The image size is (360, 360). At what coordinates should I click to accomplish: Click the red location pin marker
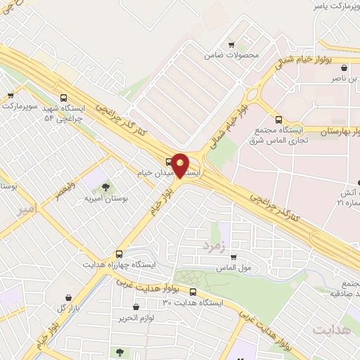(181, 167)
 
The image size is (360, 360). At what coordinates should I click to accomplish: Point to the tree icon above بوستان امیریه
(106, 187)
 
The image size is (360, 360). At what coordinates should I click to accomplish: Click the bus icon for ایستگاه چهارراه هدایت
(120, 254)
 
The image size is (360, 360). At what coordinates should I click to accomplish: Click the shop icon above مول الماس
(233, 257)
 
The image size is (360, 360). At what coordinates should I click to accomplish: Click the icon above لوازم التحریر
(136, 307)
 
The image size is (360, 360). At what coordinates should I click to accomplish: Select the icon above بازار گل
(68, 297)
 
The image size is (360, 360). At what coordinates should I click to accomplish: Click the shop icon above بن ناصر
(343, 68)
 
